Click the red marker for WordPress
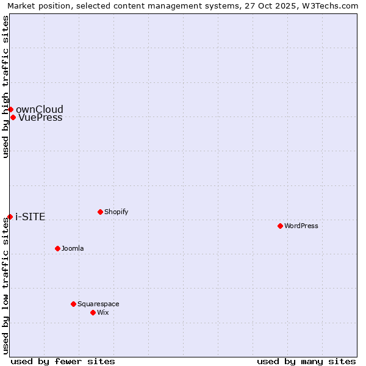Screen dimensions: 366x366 point(280,226)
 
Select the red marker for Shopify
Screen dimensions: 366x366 point(100,212)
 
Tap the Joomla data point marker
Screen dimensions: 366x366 point(57,248)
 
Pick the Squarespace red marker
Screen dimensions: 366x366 point(73,304)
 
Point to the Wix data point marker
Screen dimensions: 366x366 point(93,312)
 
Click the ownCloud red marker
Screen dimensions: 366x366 point(10,109)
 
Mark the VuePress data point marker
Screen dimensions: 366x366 point(13,117)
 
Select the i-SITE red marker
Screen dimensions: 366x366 point(10,217)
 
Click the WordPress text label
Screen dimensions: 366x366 point(301,226)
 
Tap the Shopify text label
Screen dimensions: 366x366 point(116,212)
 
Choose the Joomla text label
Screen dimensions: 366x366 point(73,248)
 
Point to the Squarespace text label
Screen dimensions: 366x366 point(98,304)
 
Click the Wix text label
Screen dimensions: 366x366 point(102,312)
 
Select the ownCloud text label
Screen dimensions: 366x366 point(40,110)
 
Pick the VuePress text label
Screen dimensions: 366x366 point(40,118)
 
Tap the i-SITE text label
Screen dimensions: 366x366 point(30,217)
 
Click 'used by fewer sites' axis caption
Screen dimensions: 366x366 point(63,361)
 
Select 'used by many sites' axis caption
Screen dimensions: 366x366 point(306,361)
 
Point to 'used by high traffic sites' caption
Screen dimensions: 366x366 point(6,87)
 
